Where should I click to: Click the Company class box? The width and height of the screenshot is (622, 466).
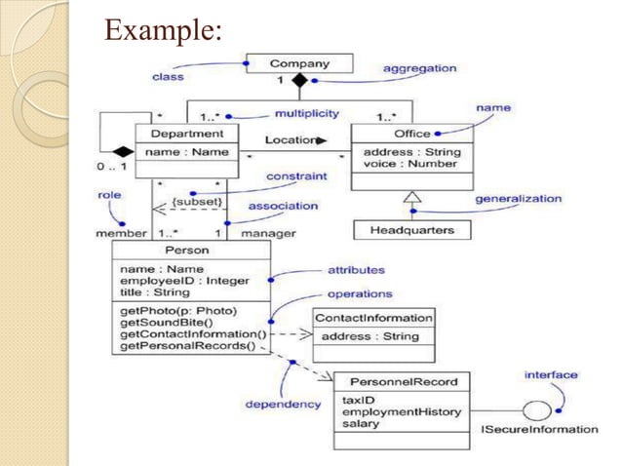click(x=299, y=64)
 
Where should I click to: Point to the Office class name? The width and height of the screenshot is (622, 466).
click(x=411, y=134)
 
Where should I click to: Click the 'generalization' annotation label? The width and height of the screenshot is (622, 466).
click(x=518, y=198)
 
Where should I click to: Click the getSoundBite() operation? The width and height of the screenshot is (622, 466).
click(x=160, y=323)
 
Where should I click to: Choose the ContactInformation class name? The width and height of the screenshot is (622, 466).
click(x=373, y=317)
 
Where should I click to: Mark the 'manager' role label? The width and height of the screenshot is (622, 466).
click(x=268, y=234)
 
